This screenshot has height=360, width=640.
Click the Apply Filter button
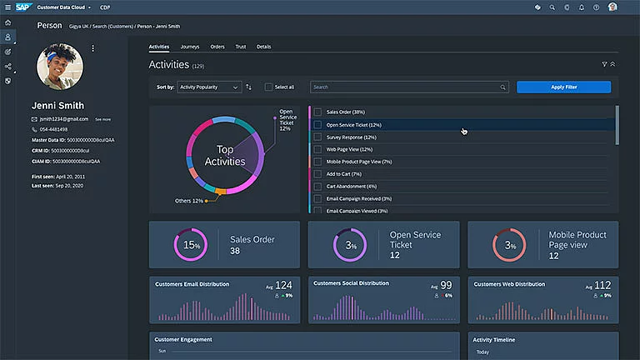click(x=563, y=87)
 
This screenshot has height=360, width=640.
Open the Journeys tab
click(x=190, y=47)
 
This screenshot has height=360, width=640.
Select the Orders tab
click(x=217, y=47)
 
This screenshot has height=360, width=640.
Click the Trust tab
click(x=241, y=47)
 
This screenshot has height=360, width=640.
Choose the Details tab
click(x=263, y=47)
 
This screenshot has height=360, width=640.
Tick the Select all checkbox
click(x=268, y=87)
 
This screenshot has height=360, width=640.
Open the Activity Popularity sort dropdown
click(x=209, y=87)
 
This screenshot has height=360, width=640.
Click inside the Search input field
click(x=408, y=87)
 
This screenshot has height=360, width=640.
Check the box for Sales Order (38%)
click(x=317, y=112)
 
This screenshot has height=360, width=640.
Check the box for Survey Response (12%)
click(x=317, y=137)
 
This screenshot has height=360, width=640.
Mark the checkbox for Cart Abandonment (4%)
click(x=317, y=186)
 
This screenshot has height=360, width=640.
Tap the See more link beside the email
click(x=102, y=119)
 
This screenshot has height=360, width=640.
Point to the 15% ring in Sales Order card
click(x=191, y=245)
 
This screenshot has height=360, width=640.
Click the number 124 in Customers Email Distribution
click(x=283, y=286)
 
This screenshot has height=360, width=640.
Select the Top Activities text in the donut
click(x=225, y=156)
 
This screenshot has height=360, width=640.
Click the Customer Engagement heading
click(x=183, y=339)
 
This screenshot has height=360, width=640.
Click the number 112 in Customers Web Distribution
click(x=602, y=286)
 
